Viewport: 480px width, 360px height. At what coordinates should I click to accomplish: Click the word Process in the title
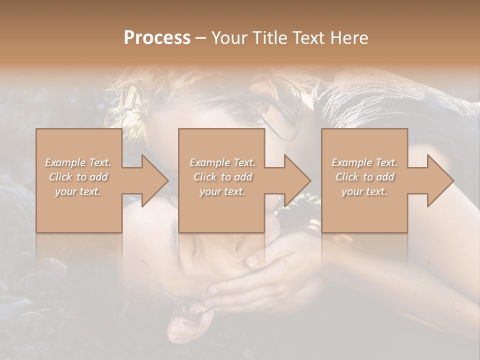click(x=157, y=38)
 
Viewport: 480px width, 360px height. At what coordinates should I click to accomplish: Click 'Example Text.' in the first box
click(x=78, y=162)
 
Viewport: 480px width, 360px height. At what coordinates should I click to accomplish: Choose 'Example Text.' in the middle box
click(x=222, y=162)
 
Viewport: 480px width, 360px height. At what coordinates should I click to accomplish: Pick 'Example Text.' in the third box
click(x=364, y=162)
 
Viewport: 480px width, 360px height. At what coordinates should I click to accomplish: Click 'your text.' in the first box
click(x=78, y=191)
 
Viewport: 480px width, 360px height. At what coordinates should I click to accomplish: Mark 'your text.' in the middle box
click(x=222, y=191)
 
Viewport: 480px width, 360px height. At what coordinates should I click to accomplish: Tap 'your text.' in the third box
click(x=364, y=191)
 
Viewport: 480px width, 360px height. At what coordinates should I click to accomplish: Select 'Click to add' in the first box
click(x=78, y=177)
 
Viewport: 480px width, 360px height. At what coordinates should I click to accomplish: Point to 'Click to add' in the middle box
click(x=222, y=177)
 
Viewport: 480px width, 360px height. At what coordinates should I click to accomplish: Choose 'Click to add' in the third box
click(x=364, y=177)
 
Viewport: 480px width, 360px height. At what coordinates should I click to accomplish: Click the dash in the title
click(x=200, y=38)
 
